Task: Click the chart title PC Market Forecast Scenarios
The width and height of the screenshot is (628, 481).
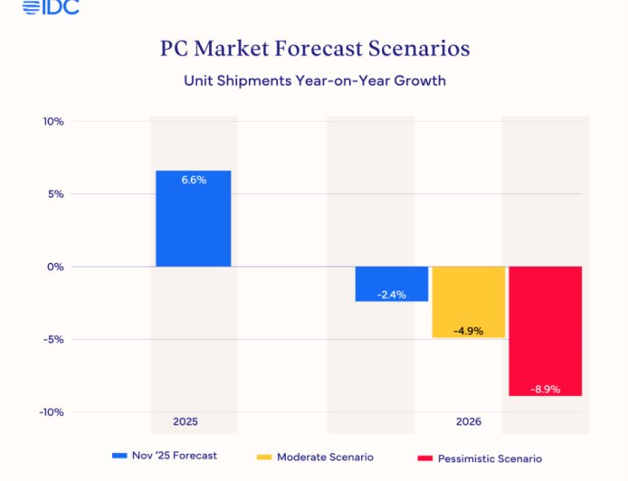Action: pos(315,47)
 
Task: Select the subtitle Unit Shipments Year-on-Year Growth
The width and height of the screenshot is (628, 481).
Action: pos(315,80)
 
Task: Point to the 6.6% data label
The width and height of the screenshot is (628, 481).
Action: pos(194,180)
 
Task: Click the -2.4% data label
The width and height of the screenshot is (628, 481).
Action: pos(391,293)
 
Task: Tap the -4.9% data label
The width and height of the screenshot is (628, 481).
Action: pos(468,330)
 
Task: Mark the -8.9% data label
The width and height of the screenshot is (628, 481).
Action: pos(545,389)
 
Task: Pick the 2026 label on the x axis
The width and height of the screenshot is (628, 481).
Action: pos(469,422)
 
